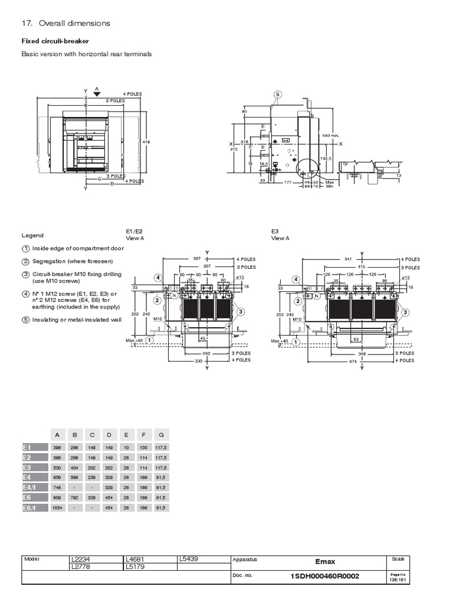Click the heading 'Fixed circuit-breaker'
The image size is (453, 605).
[55, 41]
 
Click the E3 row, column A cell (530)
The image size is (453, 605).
[57, 467]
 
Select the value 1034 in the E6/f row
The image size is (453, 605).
[57, 508]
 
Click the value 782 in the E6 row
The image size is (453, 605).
[74, 497]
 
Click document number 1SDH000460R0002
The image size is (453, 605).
[324, 576]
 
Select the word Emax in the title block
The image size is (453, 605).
[325, 562]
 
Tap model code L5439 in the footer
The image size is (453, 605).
[189, 559]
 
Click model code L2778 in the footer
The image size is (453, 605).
[81, 567]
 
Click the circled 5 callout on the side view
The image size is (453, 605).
[278, 95]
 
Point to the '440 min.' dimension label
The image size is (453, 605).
[330, 135]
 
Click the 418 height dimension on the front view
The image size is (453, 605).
[146, 142]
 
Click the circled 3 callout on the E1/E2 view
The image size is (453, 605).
[241, 311]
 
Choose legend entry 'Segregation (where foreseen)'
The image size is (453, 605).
[68, 261]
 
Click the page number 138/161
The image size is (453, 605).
[399, 580]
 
